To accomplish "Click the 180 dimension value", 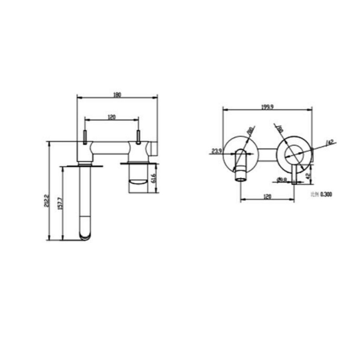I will pos(117,95).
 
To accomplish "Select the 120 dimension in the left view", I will pos(112,117).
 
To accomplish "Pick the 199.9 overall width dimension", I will pos(267,107).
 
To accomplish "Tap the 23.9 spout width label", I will pos(216,151).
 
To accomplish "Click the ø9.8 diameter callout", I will pos(282,181).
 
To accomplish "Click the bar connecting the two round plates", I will pos(267,153).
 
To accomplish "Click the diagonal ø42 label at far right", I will pos(330,142).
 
